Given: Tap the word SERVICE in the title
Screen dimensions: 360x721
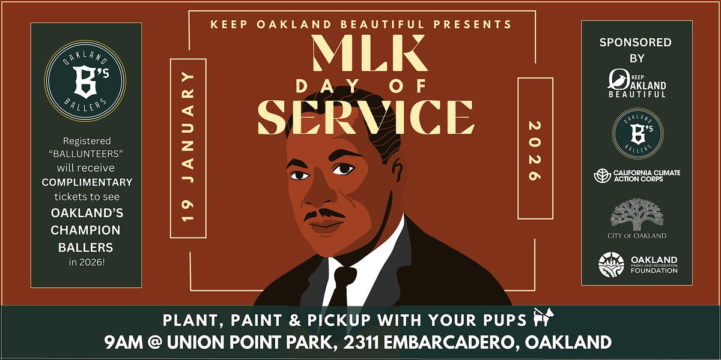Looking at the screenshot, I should [366, 117].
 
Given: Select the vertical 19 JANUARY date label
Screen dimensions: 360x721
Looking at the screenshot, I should [188, 148].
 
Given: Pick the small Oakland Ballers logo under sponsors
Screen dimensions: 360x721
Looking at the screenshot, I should [637, 133].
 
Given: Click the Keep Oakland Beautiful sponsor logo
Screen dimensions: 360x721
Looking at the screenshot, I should [637, 83].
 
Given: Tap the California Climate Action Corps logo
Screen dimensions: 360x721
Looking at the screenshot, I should [637, 176].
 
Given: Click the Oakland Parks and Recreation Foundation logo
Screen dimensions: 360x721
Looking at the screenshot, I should [637, 265].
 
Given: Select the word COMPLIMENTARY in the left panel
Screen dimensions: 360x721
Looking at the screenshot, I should [87, 182].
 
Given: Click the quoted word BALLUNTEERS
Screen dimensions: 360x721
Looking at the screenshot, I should [86, 153].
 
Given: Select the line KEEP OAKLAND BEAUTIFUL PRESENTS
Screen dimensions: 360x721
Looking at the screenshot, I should [361, 25].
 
